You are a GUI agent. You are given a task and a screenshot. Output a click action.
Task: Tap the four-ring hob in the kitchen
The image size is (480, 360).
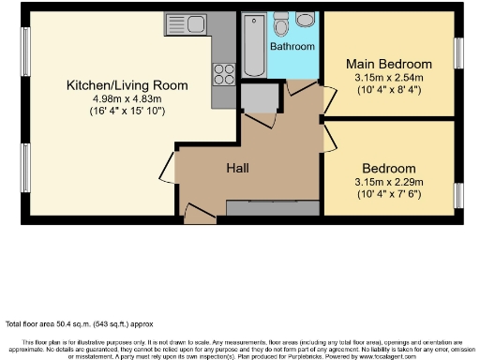coord(224,71)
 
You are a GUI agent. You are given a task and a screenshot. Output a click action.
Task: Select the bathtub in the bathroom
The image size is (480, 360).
coord(253,46)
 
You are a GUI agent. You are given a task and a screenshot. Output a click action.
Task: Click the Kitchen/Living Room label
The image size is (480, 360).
coord(127,85)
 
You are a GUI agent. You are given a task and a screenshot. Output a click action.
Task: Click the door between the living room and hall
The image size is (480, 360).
coord(167,166)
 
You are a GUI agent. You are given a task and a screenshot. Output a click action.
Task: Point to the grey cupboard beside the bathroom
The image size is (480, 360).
coord(259,97)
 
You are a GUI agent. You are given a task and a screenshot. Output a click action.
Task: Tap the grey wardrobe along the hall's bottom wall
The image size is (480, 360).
coord(272,207)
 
